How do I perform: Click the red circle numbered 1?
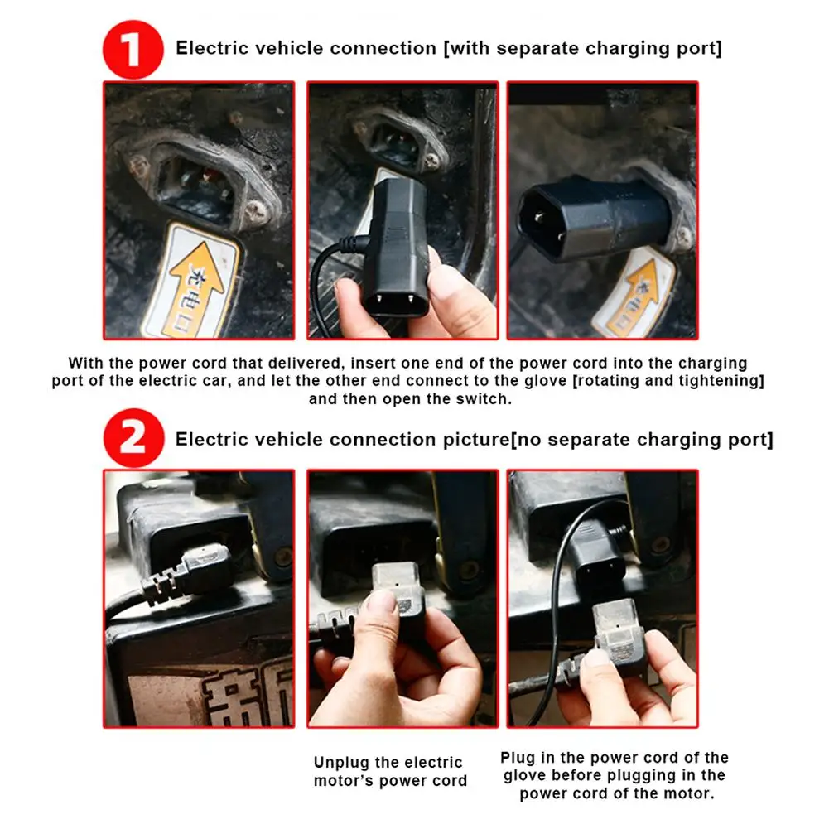coord(133,49)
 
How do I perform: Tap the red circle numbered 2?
coord(133,438)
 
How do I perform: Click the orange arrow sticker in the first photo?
coord(196,280)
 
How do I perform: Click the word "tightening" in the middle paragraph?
coord(718,381)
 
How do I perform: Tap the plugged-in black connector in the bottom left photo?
coord(190,574)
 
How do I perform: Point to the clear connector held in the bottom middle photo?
coord(396,590)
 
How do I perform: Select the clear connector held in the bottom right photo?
coord(619,629)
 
